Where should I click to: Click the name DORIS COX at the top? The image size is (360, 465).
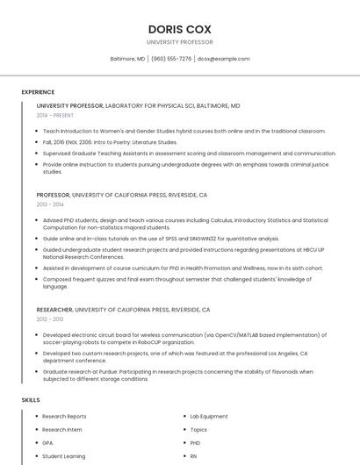tap(180, 29)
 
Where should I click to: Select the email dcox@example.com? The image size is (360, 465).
tap(223, 59)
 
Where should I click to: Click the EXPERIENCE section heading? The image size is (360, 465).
tap(38, 92)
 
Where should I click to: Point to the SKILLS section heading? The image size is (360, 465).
tap(31, 400)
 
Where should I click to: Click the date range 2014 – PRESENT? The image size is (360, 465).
tap(55, 115)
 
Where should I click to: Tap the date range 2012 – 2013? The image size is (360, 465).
tap(50, 319)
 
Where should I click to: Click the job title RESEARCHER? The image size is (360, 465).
tap(54, 310)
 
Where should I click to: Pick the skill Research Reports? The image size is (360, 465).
tap(64, 416)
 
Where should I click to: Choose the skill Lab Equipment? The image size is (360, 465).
tap(208, 416)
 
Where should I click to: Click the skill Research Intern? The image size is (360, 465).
tap(61, 430)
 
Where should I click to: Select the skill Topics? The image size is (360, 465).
tap(198, 430)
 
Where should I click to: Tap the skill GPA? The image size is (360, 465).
tap(47, 443)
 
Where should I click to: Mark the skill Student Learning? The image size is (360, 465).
tap(63, 456)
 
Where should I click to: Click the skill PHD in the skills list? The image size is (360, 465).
tap(195, 443)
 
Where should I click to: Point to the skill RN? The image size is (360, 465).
tap(193, 456)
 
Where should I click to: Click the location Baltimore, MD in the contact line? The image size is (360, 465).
tap(127, 59)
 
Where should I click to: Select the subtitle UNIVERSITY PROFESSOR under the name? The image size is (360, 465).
tap(180, 42)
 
